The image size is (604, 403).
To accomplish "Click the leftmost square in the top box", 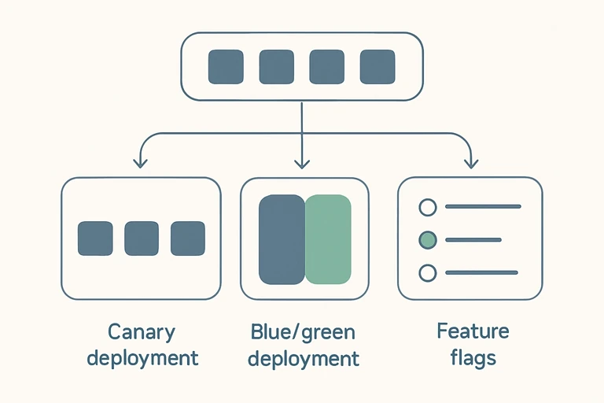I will (x=226, y=67).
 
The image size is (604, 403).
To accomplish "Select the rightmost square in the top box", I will (x=377, y=67).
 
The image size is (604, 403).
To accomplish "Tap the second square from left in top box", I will (x=276, y=67).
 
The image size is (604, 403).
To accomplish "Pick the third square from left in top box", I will (x=326, y=67).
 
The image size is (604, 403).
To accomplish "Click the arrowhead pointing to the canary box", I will (x=140, y=163).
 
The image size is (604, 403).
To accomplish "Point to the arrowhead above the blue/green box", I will (x=301, y=163).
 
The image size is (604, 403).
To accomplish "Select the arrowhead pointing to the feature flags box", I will (x=471, y=163).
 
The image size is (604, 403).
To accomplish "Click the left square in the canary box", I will (x=95, y=238).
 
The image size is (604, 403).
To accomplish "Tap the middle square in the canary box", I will (x=142, y=238).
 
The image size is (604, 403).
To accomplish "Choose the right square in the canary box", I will (x=188, y=238).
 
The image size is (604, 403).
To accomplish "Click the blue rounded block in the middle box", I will (x=281, y=239).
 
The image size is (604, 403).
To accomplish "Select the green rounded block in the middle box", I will (x=328, y=239).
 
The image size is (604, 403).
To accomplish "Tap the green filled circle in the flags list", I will (x=427, y=239).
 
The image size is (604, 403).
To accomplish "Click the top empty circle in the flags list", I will (x=427, y=207).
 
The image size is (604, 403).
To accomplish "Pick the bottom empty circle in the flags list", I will (x=427, y=272).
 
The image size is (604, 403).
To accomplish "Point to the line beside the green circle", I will (x=473, y=239).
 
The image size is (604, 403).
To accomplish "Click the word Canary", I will (x=142, y=331).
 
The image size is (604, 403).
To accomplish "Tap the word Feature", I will (x=473, y=331).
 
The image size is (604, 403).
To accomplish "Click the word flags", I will (x=473, y=358).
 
